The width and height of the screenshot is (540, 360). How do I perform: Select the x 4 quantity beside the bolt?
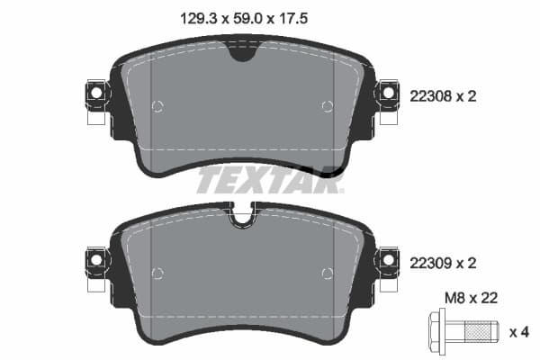tap(518, 332)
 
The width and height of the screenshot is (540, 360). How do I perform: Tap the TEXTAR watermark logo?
tap(270, 179)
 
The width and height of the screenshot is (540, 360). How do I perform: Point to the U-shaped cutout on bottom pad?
tap(241, 215)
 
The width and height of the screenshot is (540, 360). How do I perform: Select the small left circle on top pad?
tap(158, 107)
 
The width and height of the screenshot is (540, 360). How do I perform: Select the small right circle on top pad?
tap(325, 107)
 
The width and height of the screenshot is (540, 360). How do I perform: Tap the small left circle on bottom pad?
tap(158, 274)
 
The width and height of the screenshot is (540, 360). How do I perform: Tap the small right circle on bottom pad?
tap(325, 274)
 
